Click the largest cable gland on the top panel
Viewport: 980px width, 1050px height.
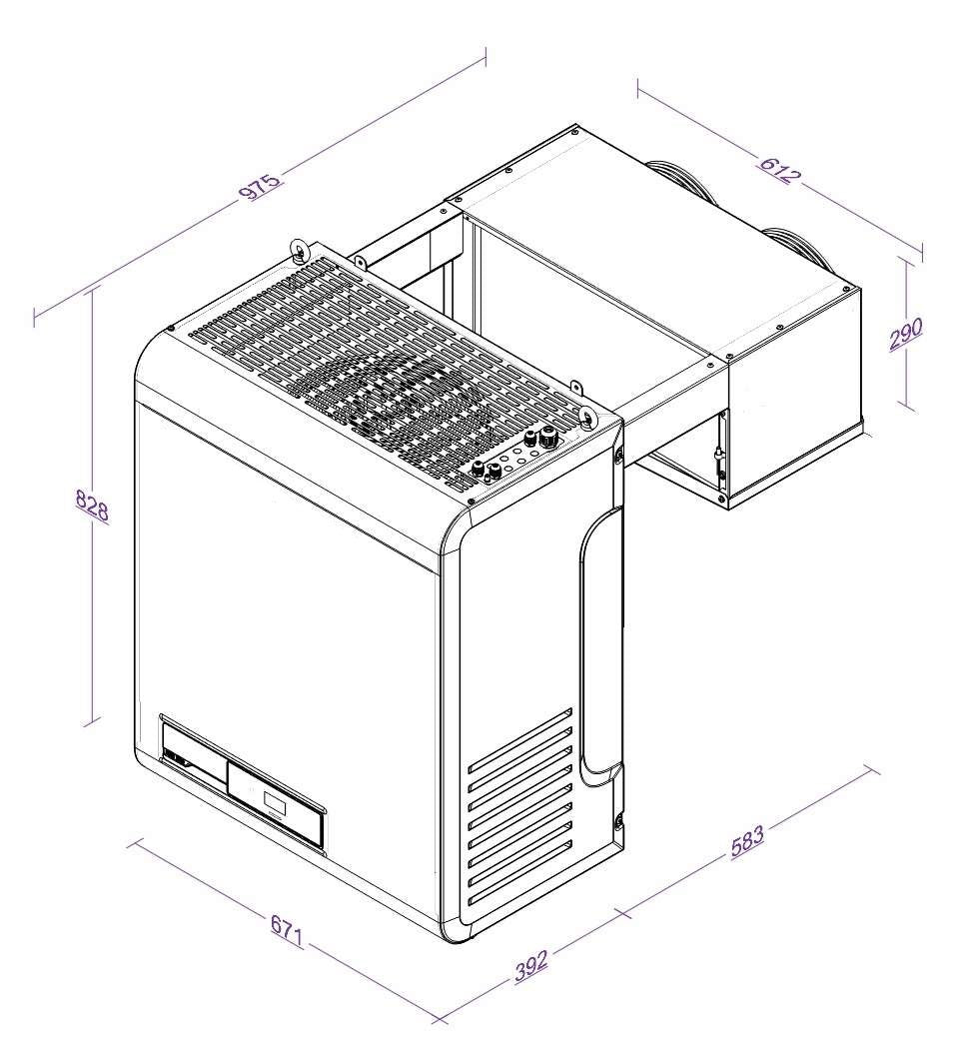[546, 436]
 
